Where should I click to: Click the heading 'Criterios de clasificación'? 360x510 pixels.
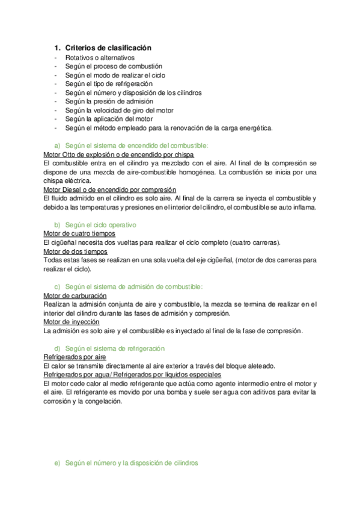point(108,48)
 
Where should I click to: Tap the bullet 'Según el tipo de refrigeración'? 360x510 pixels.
point(105,84)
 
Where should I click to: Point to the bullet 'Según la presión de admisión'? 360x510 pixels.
point(104,102)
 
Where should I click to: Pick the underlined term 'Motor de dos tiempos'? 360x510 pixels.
point(76,251)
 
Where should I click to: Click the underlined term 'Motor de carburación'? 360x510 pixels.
point(76,296)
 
